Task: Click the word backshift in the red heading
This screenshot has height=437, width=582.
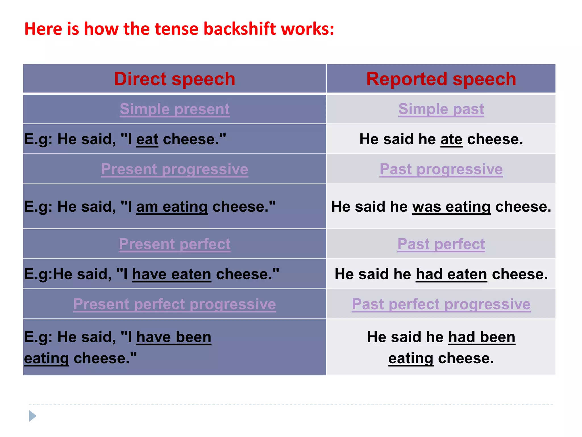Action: pyautogui.click(x=240, y=29)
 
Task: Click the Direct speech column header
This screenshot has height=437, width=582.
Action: pyautogui.click(x=174, y=79)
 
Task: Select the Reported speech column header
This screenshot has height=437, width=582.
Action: pyautogui.click(x=441, y=79)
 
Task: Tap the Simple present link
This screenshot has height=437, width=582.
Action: pyautogui.click(x=174, y=109)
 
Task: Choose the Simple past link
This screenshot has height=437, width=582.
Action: pyautogui.click(x=441, y=109)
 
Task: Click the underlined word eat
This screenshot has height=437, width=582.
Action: pyautogui.click(x=147, y=139)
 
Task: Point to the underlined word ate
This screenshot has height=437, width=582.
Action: pyautogui.click(x=451, y=139)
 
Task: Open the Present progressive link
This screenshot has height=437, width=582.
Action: pyautogui.click(x=174, y=169)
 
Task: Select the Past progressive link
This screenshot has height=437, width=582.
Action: pyautogui.click(x=441, y=169)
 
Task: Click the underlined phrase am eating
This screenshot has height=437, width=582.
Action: pyautogui.click(x=172, y=207)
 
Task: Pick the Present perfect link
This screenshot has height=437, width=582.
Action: pyautogui.click(x=174, y=244)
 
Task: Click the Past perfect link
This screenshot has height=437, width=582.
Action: pyautogui.click(x=441, y=244)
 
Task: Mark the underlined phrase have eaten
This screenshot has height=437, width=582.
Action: pyautogui.click(x=172, y=274)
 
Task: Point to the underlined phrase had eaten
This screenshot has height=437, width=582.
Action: pyautogui.click(x=451, y=274)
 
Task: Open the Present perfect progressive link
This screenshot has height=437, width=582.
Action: pyautogui.click(x=174, y=304)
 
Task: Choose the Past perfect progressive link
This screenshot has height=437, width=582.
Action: pyautogui.click(x=441, y=304)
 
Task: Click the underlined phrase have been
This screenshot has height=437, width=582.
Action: pyautogui.click(x=174, y=337)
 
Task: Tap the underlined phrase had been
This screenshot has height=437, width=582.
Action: pyautogui.click(x=482, y=337)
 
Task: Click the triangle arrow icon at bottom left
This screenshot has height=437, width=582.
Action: pyautogui.click(x=32, y=416)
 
